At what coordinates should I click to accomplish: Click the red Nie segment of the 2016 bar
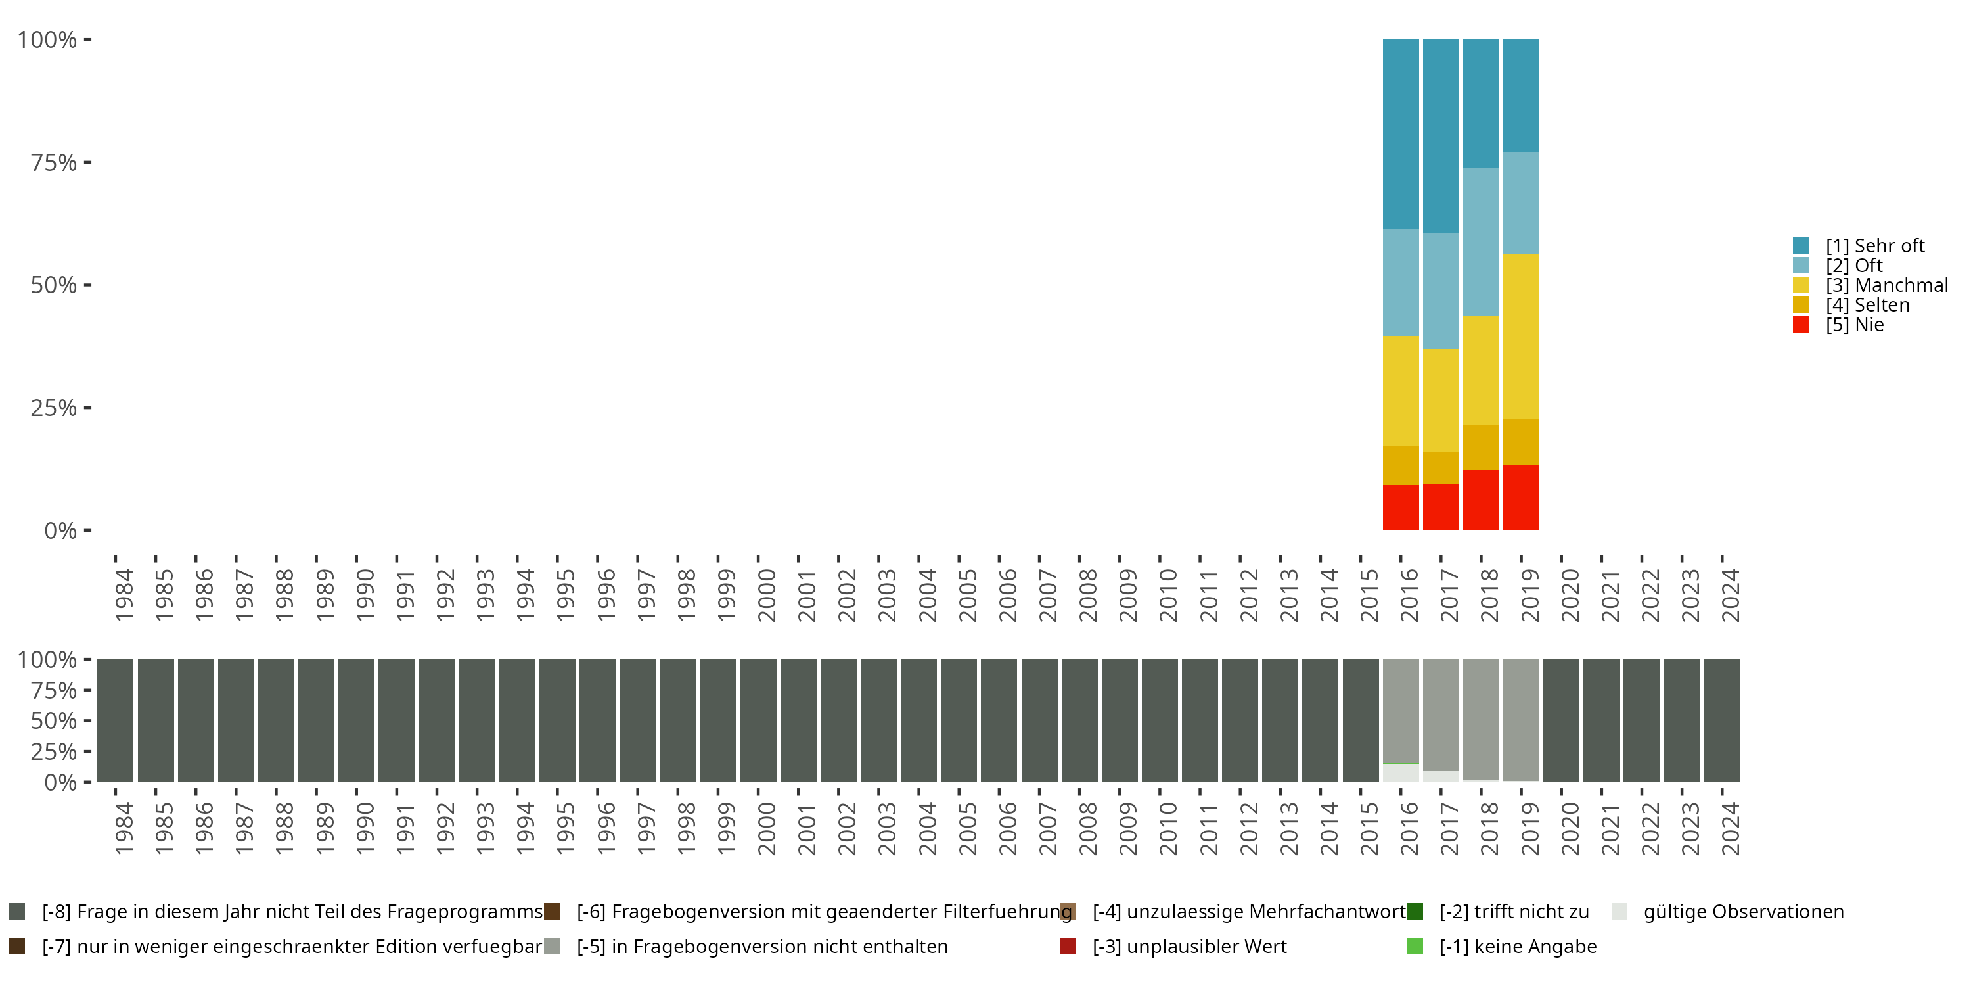click(x=1400, y=507)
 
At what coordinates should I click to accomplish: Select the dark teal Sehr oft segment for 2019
click(x=1520, y=96)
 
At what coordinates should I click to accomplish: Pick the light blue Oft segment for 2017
click(x=1441, y=291)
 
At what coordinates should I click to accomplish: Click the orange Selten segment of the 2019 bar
click(x=1520, y=442)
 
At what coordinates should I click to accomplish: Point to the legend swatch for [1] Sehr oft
click(x=1800, y=246)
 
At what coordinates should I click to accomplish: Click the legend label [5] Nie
click(x=1855, y=325)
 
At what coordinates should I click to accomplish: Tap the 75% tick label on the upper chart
click(x=54, y=162)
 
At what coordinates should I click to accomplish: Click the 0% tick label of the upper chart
click(x=60, y=530)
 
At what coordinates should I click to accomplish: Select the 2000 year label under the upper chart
click(x=766, y=595)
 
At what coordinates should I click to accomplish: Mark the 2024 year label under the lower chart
click(x=1730, y=829)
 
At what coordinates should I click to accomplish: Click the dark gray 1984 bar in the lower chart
click(x=116, y=720)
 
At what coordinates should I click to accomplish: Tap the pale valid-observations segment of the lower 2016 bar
click(x=1400, y=772)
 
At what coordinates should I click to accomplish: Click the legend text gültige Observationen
click(x=1744, y=912)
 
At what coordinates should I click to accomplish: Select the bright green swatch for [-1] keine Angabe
click(x=1415, y=946)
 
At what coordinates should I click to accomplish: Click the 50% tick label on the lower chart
click(x=54, y=720)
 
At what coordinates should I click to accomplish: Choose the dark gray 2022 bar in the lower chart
click(x=1641, y=720)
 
